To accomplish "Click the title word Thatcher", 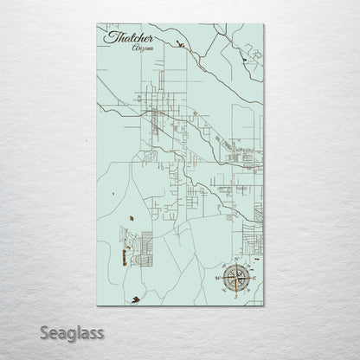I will point(128,39).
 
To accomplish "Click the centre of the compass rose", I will point(235,278).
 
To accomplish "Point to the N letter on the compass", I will point(235,260).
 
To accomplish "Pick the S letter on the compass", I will point(235,297).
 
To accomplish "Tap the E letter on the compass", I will point(253,278).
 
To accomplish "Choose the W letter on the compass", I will point(216,278).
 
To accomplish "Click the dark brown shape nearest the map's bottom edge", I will point(135,300).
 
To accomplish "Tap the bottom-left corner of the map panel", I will point(97,309).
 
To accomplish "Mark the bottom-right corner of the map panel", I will point(264,309).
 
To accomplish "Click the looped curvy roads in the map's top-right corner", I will point(247,52).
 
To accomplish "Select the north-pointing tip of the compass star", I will point(235,265).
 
